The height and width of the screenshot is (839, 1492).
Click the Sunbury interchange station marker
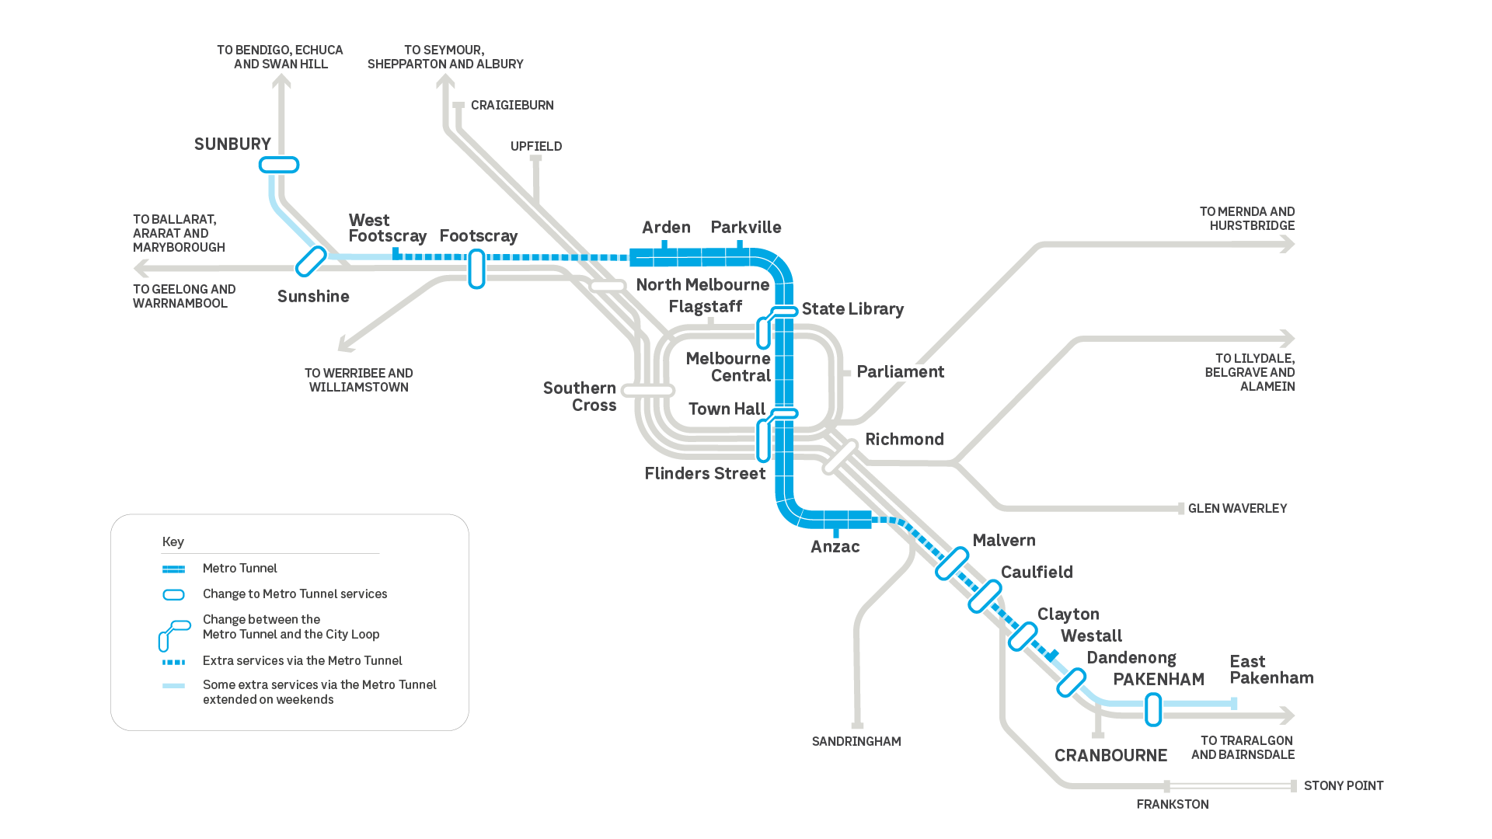[x=279, y=165]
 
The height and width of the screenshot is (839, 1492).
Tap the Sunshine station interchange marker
[x=311, y=262]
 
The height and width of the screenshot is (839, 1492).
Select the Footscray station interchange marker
[x=476, y=269]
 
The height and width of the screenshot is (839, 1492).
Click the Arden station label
[x=666, y=228]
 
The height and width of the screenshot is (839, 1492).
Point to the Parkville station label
[x=746, y=228]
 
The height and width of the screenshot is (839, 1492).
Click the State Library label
[x=852, y=309]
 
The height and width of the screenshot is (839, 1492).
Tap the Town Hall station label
[x=727, y=409]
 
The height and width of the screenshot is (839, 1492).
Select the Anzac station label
[x=835, y=547]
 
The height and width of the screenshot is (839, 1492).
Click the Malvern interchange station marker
[x=952, y=564]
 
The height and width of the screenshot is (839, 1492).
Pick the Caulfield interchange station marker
[x=985, y=597]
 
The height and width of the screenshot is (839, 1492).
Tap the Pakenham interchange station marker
[x=1153, y=710]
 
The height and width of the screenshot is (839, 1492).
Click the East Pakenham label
[x=1271, y=670]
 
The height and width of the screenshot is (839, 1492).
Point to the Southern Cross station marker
[x=648, y=391]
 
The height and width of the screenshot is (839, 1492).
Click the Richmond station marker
[x=840, y=457]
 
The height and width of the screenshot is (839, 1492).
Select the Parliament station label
[x=900, y=372]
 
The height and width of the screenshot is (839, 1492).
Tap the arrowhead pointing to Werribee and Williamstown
[x=345, y=346]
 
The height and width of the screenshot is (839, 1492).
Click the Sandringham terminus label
[x=856, y=742]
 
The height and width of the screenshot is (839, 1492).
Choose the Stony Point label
[x=1343, y=786]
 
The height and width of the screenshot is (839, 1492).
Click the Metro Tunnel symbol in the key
[x=173, y=569]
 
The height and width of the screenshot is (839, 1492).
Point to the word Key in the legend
[x=173, y=542]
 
